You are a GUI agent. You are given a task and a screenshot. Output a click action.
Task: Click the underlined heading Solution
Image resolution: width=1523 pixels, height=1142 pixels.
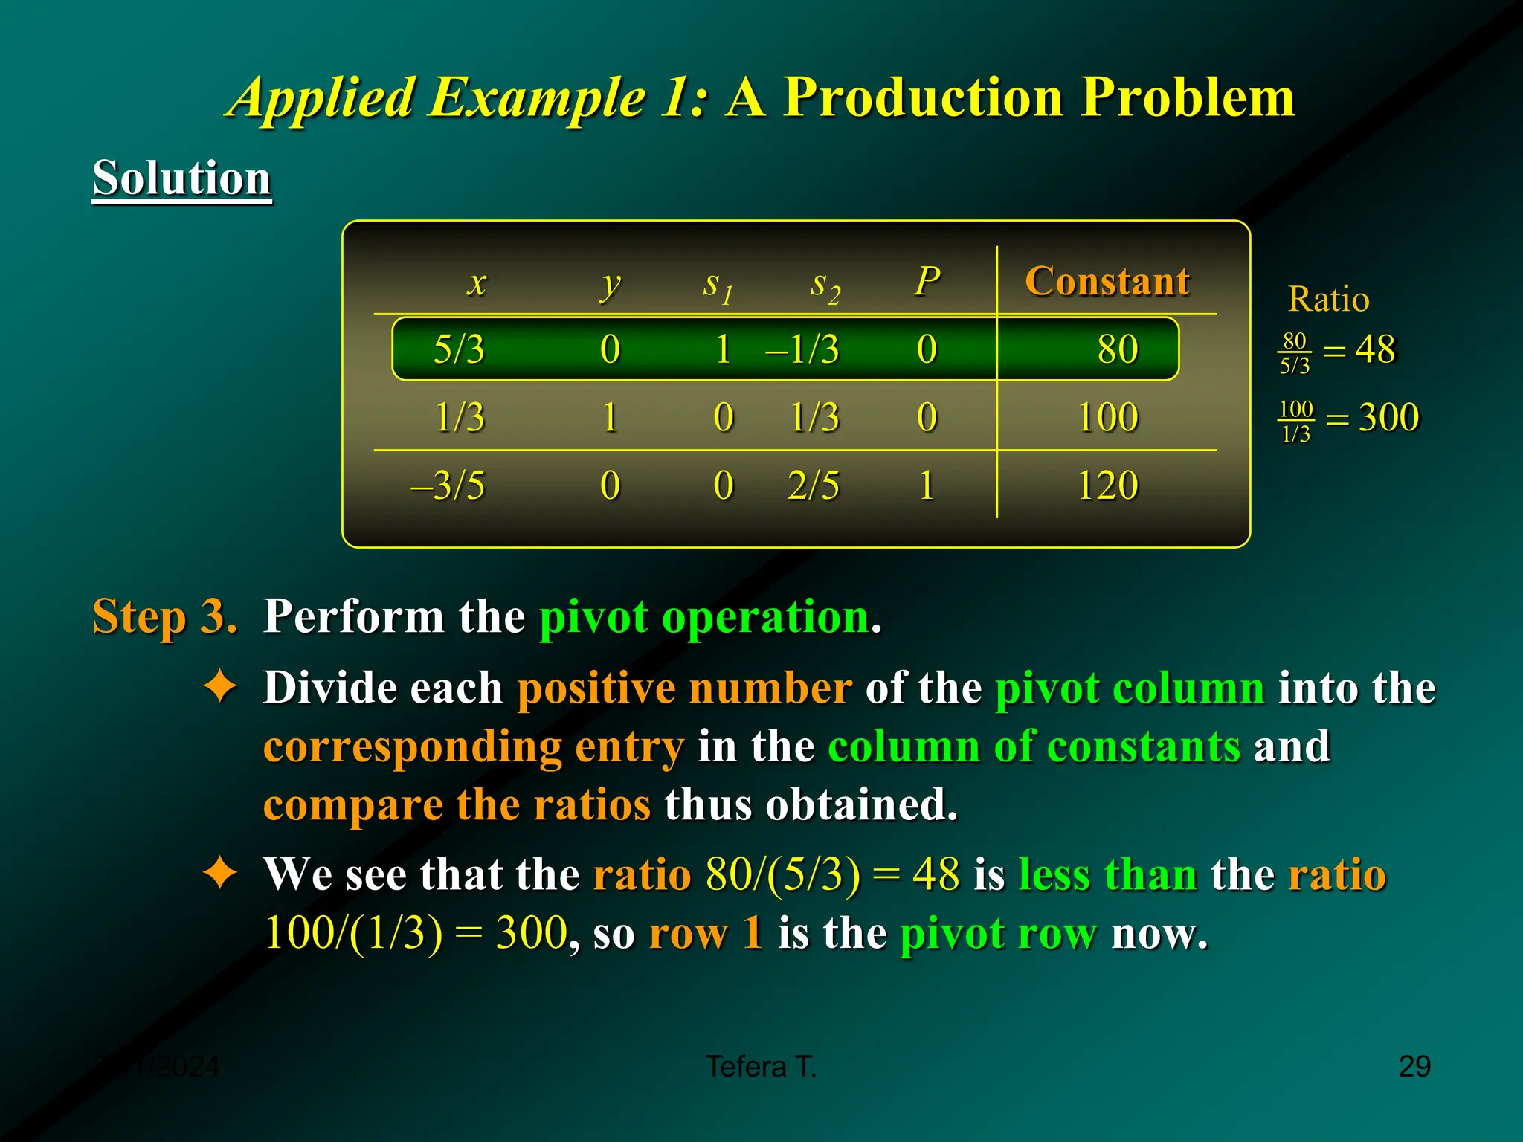tap(181, 178)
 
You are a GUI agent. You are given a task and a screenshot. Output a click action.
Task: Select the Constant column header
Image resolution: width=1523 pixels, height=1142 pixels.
tap(1107, 281)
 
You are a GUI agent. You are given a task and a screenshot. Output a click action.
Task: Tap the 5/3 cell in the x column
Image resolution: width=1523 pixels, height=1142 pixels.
tap(459, 349)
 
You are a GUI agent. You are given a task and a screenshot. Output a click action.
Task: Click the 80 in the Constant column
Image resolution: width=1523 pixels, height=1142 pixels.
tap(1117, 349)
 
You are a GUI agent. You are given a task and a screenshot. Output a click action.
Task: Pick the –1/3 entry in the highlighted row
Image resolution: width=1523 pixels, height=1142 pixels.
tap(802, 349)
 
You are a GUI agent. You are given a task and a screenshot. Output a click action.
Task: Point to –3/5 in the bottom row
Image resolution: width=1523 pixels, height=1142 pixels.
tap(448, 485)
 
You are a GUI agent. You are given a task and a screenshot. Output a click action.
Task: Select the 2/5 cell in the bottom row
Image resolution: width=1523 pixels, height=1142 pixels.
tap(814, 485)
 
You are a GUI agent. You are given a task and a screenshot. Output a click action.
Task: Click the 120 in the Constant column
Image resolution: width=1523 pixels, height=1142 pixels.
tap(1107, 485)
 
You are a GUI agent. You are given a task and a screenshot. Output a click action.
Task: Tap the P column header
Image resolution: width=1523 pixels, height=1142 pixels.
tap(927, 281)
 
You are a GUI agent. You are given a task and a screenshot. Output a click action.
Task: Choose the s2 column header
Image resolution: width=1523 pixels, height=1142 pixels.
tap(825, 285)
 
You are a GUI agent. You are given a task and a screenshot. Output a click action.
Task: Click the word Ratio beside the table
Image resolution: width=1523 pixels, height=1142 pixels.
tap(1328, 299)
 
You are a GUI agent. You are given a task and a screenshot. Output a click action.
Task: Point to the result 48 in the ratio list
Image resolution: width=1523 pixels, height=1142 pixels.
tap(1375, 349)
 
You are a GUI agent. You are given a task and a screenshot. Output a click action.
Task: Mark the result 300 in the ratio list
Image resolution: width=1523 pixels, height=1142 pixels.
tap(1388, 417)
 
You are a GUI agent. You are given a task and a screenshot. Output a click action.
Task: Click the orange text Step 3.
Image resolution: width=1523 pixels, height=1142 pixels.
tap(164, 616)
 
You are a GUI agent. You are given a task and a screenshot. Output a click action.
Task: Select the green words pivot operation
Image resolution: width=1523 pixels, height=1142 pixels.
tap(704, 616)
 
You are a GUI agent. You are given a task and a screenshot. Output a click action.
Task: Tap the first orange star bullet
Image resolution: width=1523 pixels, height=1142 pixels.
tap(220, 686)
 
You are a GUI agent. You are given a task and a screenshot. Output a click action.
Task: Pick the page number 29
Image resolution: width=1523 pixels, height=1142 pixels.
tap(1414, 1066)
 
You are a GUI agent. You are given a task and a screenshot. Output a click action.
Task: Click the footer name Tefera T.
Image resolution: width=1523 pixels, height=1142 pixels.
tap(761, 1066)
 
